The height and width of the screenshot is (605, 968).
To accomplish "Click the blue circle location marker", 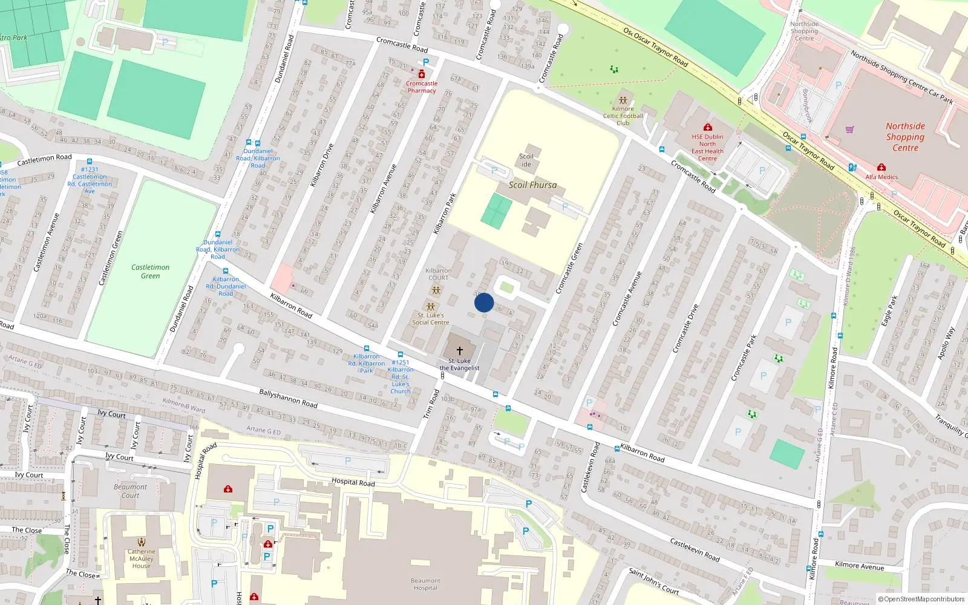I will point(484,302).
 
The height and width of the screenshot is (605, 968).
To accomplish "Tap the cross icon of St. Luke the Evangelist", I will point(460,350).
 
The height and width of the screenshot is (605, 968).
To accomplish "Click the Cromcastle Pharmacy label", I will point(422,87).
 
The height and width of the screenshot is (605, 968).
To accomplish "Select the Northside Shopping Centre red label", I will point(905,137).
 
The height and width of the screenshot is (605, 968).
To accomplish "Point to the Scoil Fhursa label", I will point(532,185).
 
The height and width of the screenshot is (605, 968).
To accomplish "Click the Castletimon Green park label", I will point(151,272).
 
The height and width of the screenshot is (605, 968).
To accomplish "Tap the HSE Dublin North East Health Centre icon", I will point(707,127).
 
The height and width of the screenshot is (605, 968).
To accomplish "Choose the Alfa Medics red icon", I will point(881,167).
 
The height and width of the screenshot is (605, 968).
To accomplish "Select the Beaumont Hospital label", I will point(425,584).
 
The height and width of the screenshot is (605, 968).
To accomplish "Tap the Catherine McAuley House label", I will point(141,558).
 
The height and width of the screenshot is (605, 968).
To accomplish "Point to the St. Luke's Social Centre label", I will point(431,319).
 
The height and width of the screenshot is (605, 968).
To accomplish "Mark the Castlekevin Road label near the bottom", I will point(695,549).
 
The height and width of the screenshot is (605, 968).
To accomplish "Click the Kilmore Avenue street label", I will point(859,566).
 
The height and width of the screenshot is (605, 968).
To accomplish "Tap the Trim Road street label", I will point(431,404).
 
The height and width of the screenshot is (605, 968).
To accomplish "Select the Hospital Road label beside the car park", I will point(353,482).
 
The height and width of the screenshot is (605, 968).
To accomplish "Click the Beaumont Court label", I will point(130,491).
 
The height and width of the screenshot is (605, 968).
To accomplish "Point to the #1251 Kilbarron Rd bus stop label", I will point(400,377).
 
